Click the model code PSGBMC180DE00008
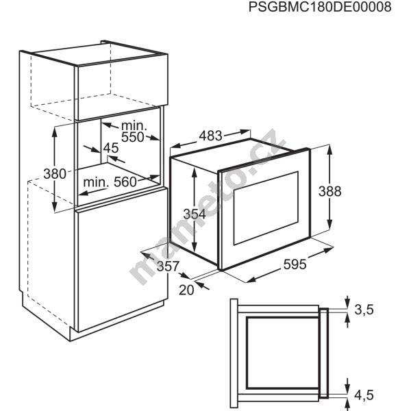320,7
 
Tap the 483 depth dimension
210,136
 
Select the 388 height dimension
329,191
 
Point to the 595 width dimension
295,264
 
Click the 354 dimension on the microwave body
195,214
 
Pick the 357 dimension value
168,266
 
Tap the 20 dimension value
186,290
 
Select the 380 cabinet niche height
55,174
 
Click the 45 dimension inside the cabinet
111,148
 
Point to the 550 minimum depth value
133,137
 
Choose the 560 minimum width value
125,182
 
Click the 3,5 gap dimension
364,310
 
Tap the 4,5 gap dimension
364,395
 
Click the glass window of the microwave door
266,208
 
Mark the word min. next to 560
96,182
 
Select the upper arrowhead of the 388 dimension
329,149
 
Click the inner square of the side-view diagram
282,353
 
